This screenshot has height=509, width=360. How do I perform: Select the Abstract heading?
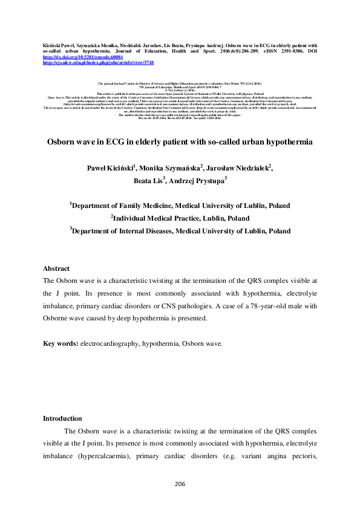tap(56, 268)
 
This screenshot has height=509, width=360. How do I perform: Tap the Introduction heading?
tap(62, 418)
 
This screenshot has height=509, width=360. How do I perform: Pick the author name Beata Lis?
tap(148, 180)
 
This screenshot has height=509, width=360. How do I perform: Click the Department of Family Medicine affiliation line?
tap(180, 206)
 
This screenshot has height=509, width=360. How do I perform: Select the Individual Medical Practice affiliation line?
tap(180, 218)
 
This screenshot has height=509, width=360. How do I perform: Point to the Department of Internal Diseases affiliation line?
tap(180, 231)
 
